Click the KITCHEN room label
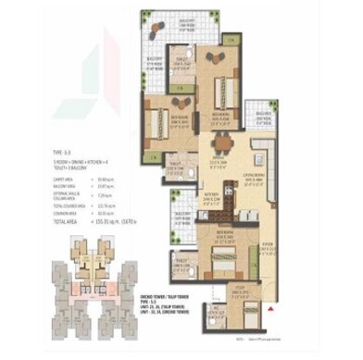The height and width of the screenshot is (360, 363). pyautogui.click(x=211, y=194)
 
